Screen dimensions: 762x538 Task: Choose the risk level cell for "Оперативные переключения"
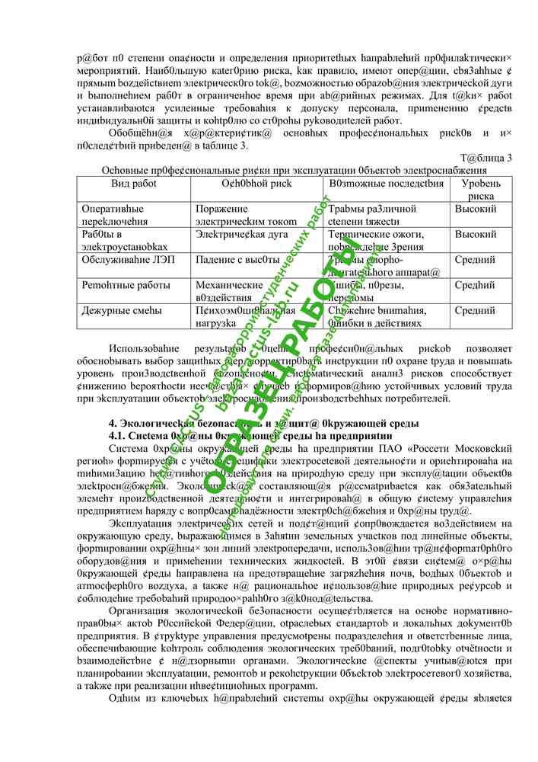[x=476, y=209]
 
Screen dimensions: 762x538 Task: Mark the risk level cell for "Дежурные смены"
[x=475, y=310]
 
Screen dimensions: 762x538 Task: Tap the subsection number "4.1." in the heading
[x=119, y=435]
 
